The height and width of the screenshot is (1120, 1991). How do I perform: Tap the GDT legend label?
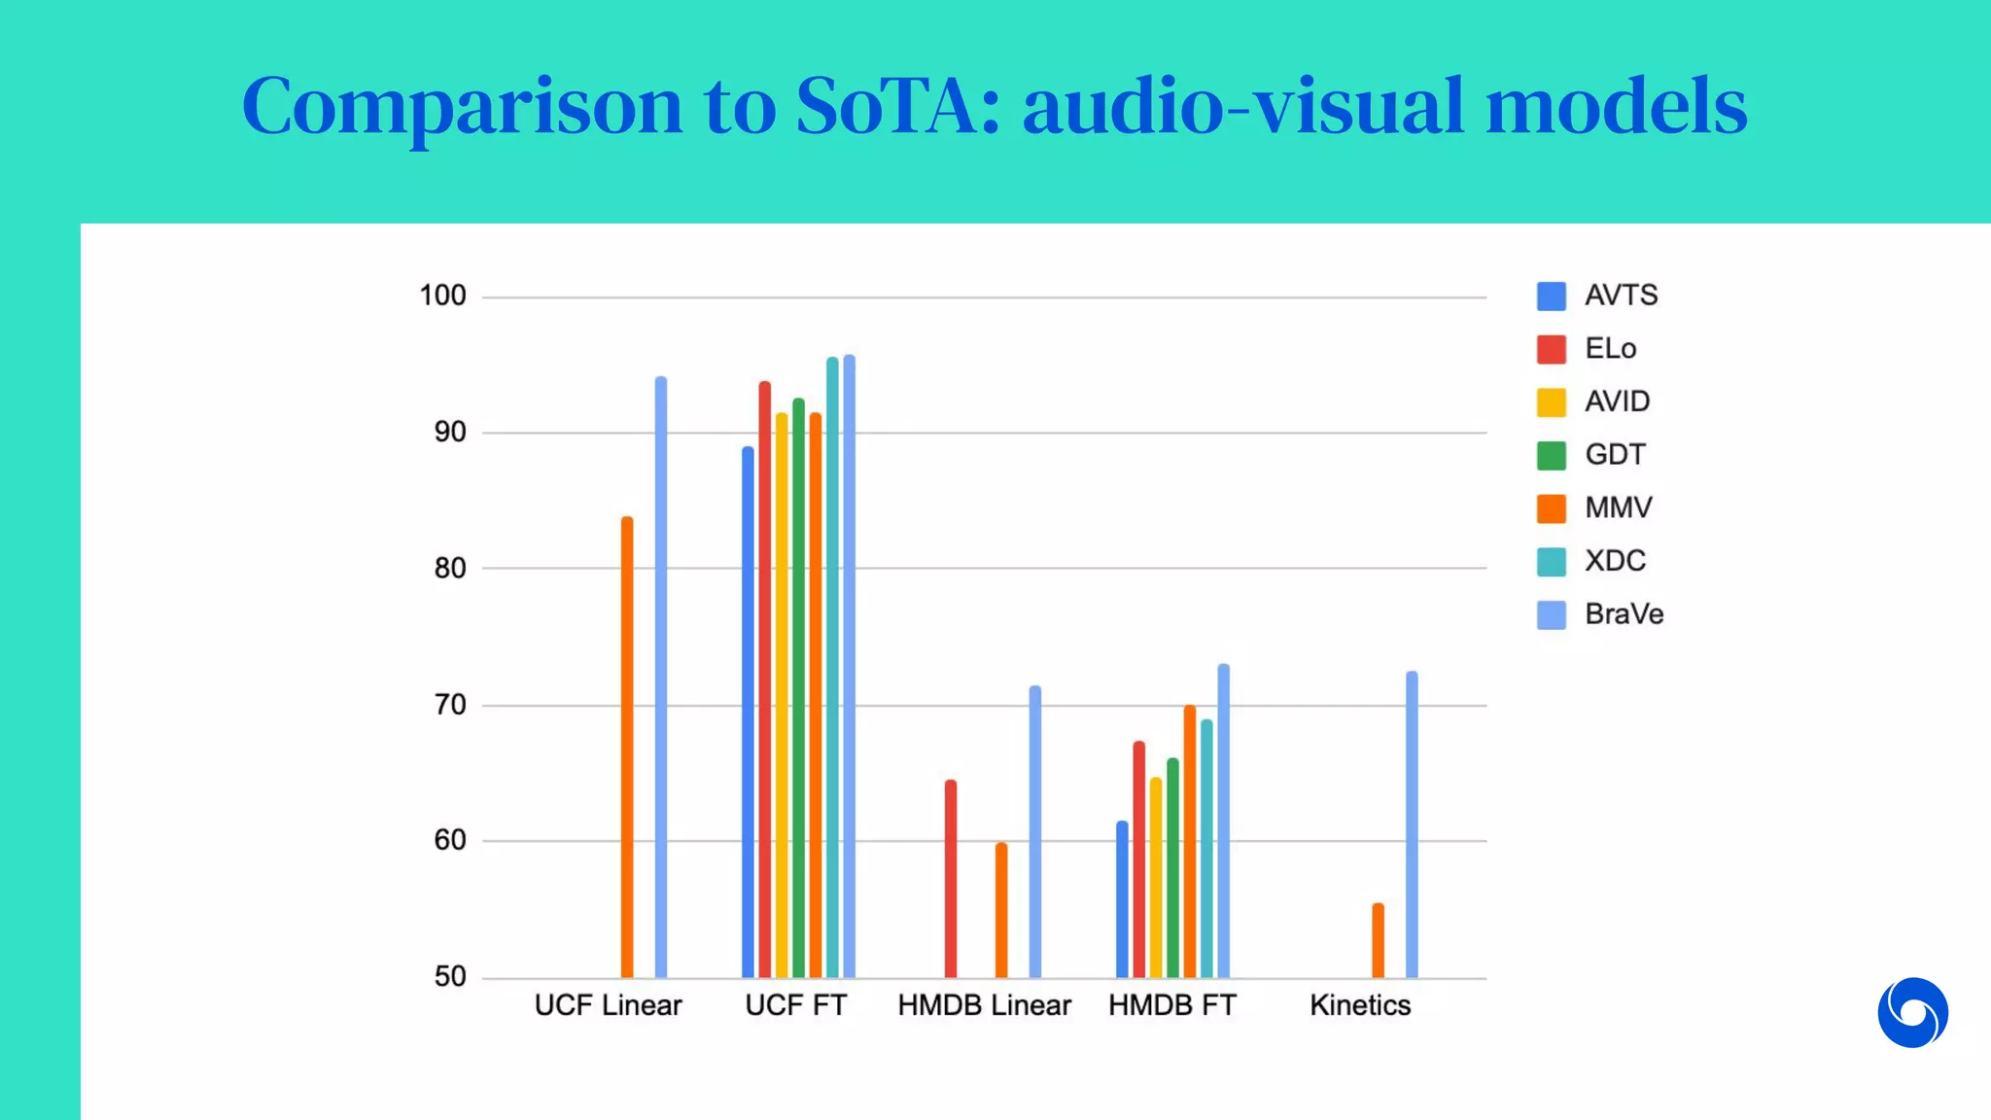[1615, 455]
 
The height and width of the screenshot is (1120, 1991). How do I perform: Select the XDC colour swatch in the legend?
[1552, 562]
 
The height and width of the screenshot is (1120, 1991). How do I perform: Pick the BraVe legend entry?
[1624, 614]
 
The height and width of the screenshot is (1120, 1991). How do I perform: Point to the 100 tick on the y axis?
[443, 296]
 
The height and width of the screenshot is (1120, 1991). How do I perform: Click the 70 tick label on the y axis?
[450, 705]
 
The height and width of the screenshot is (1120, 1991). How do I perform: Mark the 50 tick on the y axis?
[450, 976]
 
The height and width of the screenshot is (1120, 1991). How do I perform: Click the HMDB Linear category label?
[984, 1005]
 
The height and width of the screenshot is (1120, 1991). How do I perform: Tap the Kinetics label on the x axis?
[1360, 1005]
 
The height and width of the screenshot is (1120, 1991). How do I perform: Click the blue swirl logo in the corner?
[1912, 1013]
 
